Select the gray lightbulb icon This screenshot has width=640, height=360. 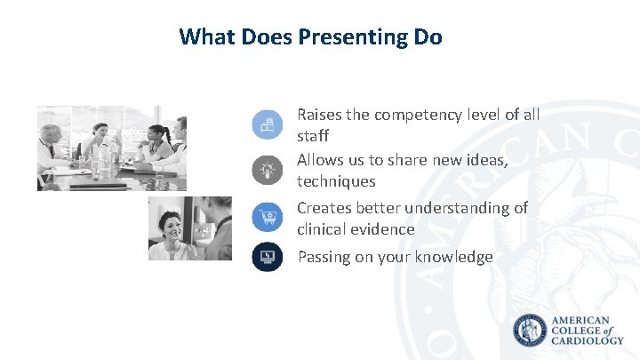(x=267, y=170)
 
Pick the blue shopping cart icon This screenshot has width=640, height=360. (x=267, y=215)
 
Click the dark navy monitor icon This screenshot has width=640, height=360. (x=267, y=257)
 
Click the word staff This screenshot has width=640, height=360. (x=313, y=136)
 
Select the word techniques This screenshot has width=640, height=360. (x=336, y=181)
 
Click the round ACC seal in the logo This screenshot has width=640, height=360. (x=531, y=331)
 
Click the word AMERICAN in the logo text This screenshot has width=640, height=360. (x=581, y=320)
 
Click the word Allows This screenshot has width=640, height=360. (x=322, y=160)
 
